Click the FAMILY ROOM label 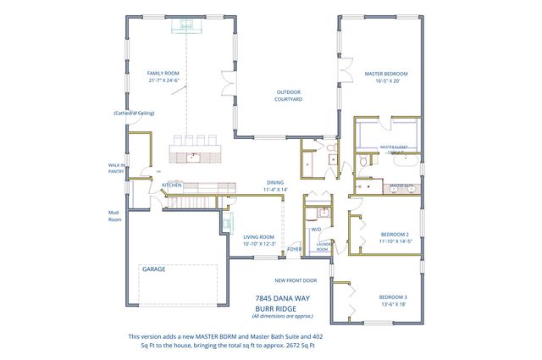164,74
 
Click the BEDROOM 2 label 395,234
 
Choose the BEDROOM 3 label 393,296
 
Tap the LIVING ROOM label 258,237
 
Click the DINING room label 275,182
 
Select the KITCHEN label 173,185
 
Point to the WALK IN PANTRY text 117,169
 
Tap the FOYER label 295,249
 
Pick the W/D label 315,229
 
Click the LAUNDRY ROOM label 323,246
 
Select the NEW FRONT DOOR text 296,280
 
